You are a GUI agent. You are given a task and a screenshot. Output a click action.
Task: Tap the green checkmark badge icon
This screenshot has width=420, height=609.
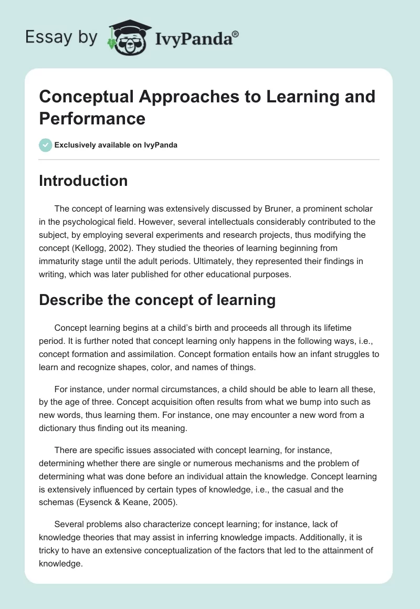(46, 145)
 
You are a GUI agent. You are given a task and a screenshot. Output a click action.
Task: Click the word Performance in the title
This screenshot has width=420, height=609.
(92, 118)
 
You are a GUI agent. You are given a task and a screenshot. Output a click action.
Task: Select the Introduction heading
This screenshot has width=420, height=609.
(83, 181)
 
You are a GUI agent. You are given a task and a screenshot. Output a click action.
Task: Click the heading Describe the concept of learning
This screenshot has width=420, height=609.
(157, 300)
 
